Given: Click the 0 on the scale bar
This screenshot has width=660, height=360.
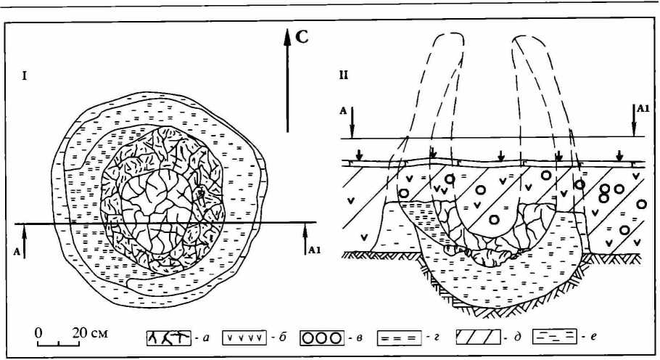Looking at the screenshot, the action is coord(40,332).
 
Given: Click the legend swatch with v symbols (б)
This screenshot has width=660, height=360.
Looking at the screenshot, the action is coord(249,337).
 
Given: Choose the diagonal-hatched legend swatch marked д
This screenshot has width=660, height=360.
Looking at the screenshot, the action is coord(477,337).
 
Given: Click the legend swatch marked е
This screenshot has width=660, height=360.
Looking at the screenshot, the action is coord(554,337).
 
